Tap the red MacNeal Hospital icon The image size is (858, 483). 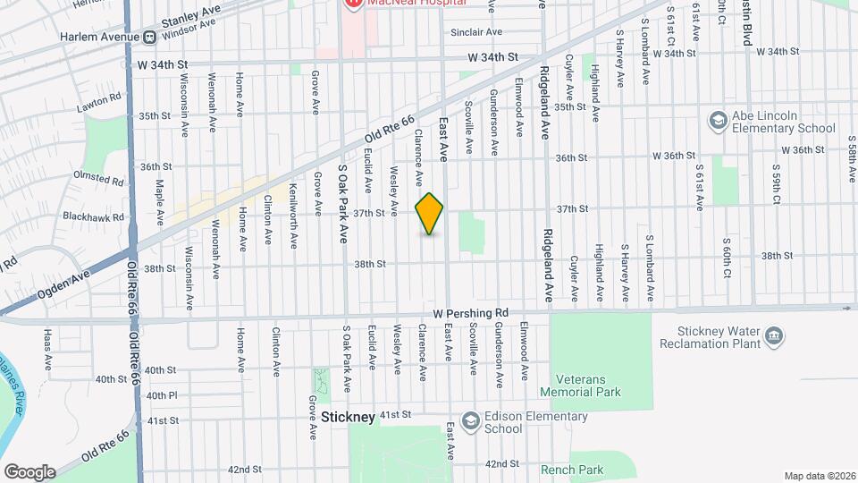pyautogui.click(x=352, y=4)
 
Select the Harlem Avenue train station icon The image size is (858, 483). pyautogui.click(x=149, y=37)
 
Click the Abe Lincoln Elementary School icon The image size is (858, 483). pyautogui.click(x=717, y=120)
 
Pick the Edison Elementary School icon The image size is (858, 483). pyautogui.click(x=470, y=421)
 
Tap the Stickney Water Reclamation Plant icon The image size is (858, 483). pyautogui.click(x=775, y=337)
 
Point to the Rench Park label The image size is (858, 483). pyautogui.click(x=572, y=470)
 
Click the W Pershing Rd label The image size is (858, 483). pyautogui.click(x=470, y=313)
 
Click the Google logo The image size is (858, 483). pyautogui.click(x=29, y=471)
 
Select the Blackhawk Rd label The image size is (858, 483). pyautogui.click(x=94, y=216)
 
